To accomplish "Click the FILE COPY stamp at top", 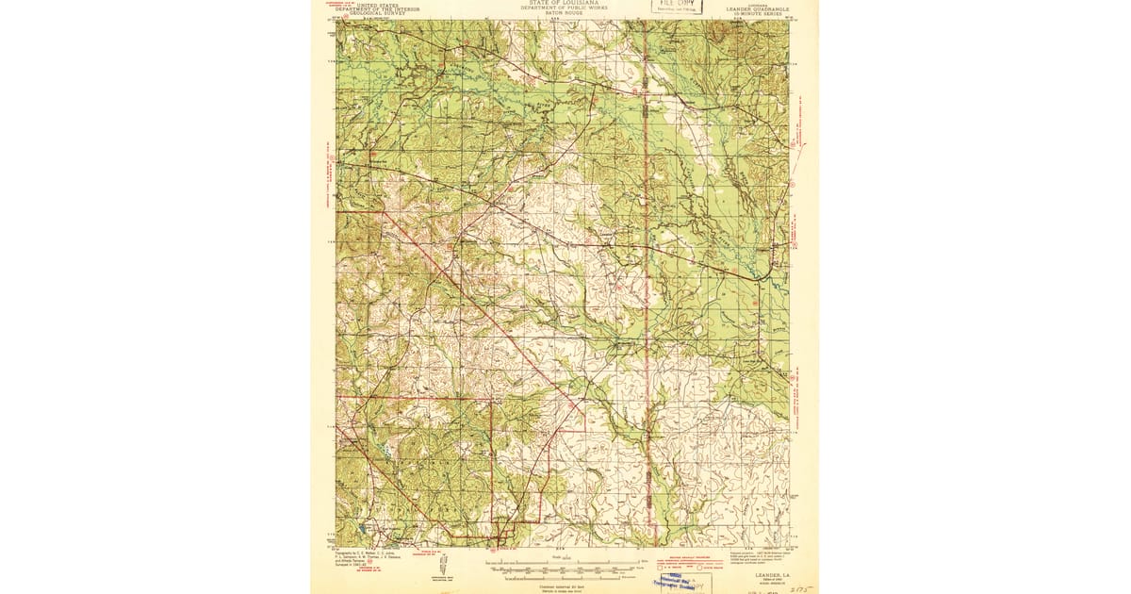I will [x=679, y=5].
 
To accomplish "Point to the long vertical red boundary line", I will [x=647, y=283].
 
